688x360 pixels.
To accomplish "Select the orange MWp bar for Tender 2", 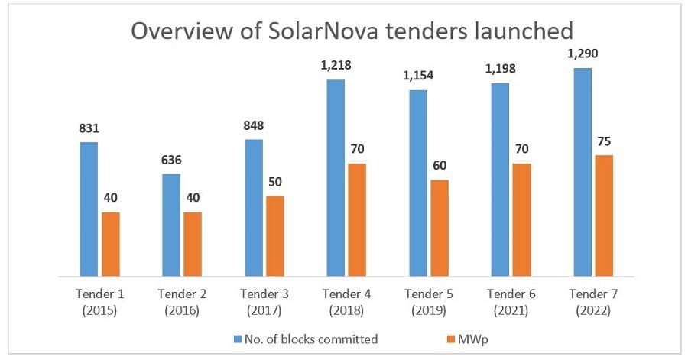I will tap(192, 244).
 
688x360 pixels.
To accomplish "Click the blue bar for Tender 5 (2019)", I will tap(418, 183).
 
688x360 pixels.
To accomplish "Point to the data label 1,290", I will tap(583, 55).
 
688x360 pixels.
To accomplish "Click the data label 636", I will tap(171, 161).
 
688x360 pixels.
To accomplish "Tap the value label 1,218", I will tap(336, 66).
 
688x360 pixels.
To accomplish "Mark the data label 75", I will tap(604, 141).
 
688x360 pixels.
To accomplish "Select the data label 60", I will tap(440, 166).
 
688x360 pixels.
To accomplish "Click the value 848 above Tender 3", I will tap(254, 126).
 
